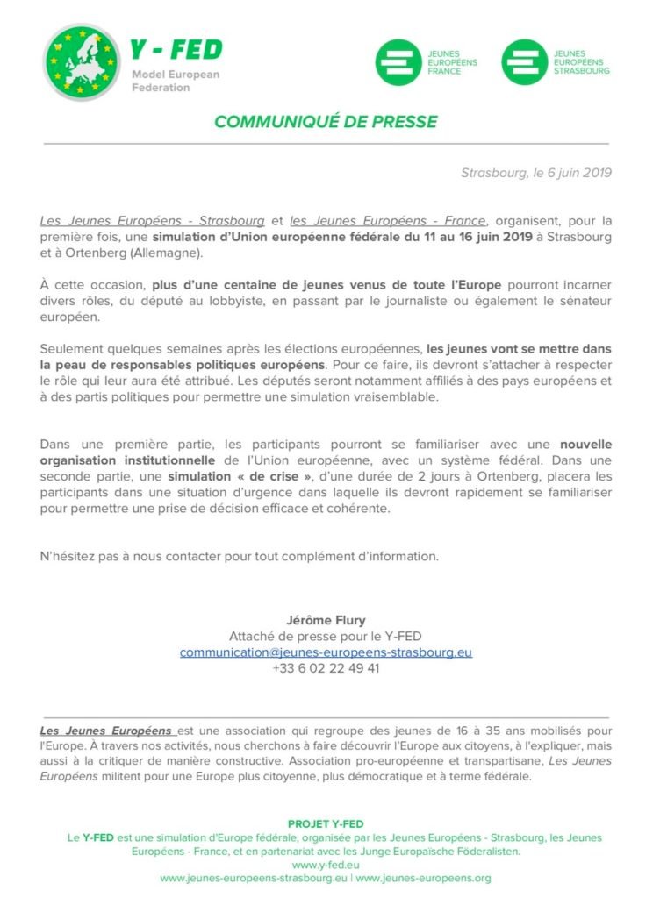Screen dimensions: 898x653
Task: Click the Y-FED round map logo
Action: tap(81, 62)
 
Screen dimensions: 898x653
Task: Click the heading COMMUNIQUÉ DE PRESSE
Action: tap(326, 121)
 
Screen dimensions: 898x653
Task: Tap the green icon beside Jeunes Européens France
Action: tap(398, 62)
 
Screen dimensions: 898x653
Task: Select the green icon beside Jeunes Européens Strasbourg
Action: tap(524, 62)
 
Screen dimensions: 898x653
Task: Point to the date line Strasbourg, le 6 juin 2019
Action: tap(535, 173)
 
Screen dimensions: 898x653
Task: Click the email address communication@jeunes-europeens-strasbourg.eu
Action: tap(326, 652)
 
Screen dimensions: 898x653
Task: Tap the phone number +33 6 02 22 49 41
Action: tap(326, 668)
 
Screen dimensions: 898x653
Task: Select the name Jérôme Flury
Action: tap(326, 621)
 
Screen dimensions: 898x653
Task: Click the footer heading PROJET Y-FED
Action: tap(326, 824)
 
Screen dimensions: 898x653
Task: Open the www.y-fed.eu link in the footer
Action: tap(326, 865)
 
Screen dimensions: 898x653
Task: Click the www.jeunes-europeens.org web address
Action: tap(423, 879)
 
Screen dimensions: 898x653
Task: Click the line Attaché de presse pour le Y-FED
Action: tap(326, 637)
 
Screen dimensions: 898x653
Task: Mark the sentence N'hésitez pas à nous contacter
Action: tap(239, 556)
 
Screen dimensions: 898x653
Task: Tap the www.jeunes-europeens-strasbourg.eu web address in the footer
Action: tap(254, 879)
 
